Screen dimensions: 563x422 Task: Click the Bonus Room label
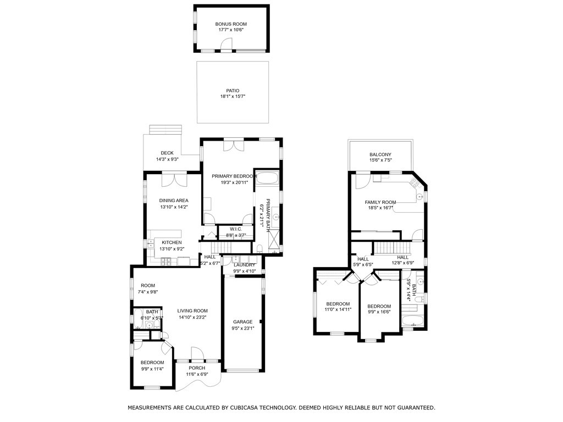[231, 24]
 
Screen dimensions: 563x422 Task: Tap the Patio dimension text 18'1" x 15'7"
[233, 96]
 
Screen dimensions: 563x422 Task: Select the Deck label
[167, 153]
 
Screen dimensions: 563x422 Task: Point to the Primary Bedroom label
[234, 176]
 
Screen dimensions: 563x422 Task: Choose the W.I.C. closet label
[236, 229]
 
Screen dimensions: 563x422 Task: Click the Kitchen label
[172, 242]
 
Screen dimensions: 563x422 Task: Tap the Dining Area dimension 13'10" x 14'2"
[174, 207]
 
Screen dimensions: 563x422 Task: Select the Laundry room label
[244, 265]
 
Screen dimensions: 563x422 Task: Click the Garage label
[242, 322]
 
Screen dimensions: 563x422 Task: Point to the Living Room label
[192, 311]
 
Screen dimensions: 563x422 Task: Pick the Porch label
[197, 368]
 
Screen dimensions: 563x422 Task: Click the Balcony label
[380, 154]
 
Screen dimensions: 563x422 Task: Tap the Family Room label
[380, 202]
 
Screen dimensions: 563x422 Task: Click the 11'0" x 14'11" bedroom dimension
[338, 309]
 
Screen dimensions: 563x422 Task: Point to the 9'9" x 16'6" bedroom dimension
[379, 312]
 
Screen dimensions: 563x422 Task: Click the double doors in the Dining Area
[174, 180]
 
